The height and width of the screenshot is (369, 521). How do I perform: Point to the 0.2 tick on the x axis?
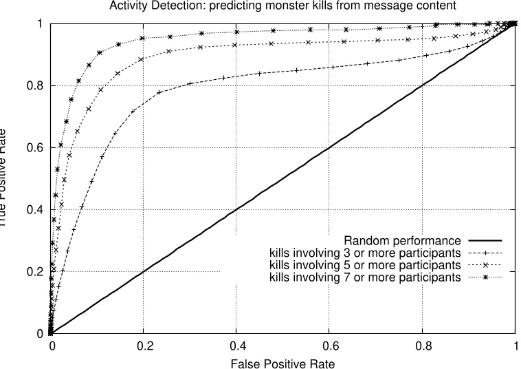144,346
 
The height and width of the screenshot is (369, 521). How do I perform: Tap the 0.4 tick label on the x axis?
236,346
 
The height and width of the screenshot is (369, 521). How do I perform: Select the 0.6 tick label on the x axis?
329,346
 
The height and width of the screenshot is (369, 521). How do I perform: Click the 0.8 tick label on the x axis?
422,346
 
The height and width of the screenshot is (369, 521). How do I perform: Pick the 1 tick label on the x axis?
515,346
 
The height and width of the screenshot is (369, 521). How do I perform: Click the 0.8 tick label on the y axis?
36,86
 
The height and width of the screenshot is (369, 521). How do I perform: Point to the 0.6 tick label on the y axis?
36,148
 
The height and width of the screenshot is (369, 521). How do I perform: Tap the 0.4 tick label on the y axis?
36,210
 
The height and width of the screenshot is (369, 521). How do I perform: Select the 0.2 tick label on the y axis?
36,272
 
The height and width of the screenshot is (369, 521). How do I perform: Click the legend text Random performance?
401,241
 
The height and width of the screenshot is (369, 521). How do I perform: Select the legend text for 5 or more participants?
364,265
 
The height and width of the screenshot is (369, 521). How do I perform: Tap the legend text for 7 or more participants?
364,277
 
